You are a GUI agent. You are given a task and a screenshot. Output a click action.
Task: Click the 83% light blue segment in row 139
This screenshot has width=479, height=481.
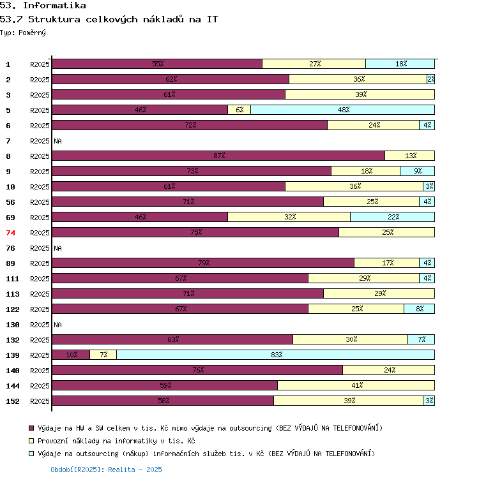click(x=275, y=355)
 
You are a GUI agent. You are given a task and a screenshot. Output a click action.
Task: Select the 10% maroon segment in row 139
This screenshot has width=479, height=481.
click(x=71, y=355)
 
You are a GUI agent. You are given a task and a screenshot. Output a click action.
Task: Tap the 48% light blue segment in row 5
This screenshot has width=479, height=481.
click(x=342, y=110)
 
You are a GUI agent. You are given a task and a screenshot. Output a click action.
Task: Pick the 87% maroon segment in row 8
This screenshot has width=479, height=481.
click(x=218, y=156)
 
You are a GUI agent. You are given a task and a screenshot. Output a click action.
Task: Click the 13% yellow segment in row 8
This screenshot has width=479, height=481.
click(x=409, y=156)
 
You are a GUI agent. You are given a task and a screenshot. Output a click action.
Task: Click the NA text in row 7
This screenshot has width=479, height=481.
click(x=57, y=140)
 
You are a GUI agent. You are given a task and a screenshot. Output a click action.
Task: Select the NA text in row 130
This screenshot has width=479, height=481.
click(x=57, y=324)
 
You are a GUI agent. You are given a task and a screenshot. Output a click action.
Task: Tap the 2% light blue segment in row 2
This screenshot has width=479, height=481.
click(x=430, y=79)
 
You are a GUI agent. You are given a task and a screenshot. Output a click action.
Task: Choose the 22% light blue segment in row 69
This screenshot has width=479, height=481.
click(x=392, y=217)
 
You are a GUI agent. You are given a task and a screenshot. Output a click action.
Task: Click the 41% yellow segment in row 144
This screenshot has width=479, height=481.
click(x=356, y=385)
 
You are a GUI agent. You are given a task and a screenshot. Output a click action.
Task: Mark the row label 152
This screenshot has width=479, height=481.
click(x=13, y=401)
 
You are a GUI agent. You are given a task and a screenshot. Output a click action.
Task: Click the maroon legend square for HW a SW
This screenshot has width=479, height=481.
click(x=31, y=428)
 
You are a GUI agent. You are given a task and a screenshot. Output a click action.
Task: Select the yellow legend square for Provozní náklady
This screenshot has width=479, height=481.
click(x=31, y=441)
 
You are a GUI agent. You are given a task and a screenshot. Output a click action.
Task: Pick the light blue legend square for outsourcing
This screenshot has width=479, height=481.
click(x=31, y=454)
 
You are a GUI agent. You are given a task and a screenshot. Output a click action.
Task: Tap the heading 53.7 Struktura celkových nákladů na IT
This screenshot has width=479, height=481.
click(x=109, y=19)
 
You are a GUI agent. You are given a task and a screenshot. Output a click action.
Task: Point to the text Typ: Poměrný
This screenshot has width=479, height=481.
click(x=23, y=33)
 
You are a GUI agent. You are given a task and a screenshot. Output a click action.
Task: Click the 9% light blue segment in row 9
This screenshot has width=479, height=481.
click(x=417, y=171)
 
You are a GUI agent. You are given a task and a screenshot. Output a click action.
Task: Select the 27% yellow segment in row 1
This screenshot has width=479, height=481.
click(x=314, y=64)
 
